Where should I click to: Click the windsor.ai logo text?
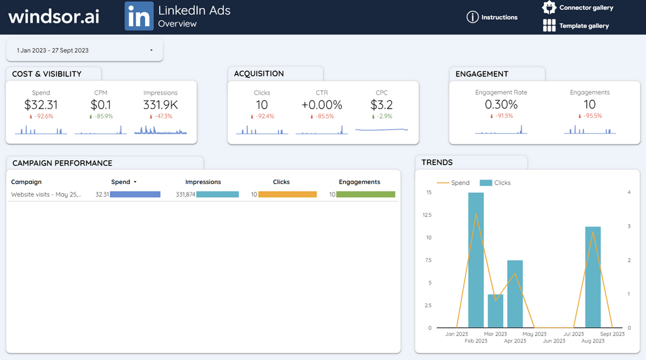tap(54, 17)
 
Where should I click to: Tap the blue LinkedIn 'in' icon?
tap(139, 16)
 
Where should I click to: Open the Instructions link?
tap(492, 17)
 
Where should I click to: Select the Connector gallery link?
tap(578, 8)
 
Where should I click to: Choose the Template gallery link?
tap(576, 26)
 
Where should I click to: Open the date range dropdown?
tap(85, 50)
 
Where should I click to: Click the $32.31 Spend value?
tap(41, 105)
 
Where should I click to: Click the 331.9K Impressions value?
tap(160, 105)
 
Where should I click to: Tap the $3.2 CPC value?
tap(382, 105)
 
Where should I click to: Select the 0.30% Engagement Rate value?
tap(501, 105)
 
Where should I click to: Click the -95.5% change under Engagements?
tap(589, 117)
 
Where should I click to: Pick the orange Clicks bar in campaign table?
tap(287, 195)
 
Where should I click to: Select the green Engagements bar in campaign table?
tap(365, 195)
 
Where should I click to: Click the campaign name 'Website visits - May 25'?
tap(46, 195)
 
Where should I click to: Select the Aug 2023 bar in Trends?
tap(592, 277)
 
